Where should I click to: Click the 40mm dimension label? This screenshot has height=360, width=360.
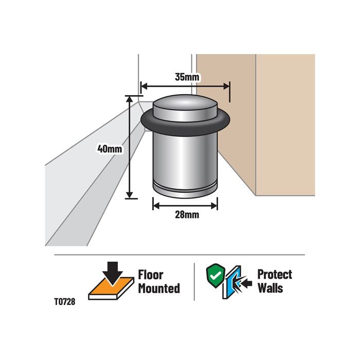click(110, 149)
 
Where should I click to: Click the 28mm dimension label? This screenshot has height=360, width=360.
click(186, 214)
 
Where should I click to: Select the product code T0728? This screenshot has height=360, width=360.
click(65, 303)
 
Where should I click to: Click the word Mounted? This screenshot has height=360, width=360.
click(158, 288)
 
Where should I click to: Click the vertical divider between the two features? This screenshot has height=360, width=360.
click(194, 281)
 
